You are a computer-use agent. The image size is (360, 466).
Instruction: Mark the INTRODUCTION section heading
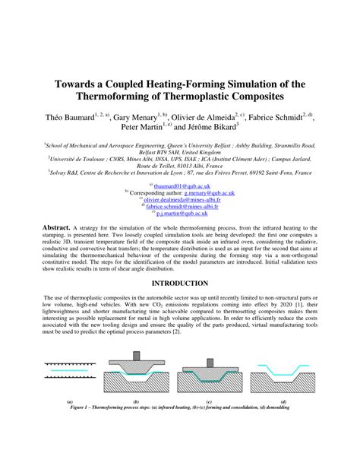(x=180, y=281)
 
